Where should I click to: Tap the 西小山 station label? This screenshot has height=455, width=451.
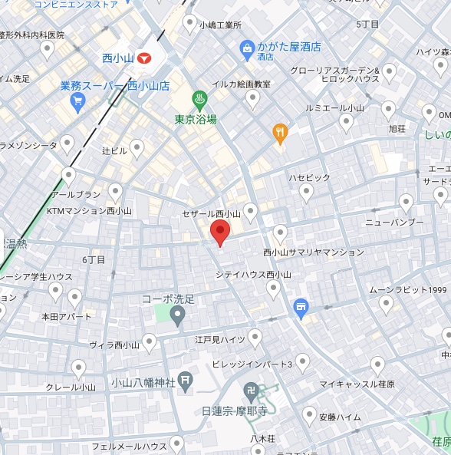coord(118,58)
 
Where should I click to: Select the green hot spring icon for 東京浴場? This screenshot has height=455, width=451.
coord(199,99)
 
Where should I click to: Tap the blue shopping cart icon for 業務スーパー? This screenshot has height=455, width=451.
coord(77,101)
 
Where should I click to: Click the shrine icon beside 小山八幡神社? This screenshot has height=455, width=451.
coord(186,381)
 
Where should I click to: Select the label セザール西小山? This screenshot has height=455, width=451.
coord(212,213)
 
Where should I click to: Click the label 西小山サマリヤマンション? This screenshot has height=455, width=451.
coord(314,252)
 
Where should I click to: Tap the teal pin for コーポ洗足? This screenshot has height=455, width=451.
coord(177,315)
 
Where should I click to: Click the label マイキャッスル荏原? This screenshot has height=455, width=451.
coord(357,384)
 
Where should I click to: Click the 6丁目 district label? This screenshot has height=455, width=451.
coord(94,259)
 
